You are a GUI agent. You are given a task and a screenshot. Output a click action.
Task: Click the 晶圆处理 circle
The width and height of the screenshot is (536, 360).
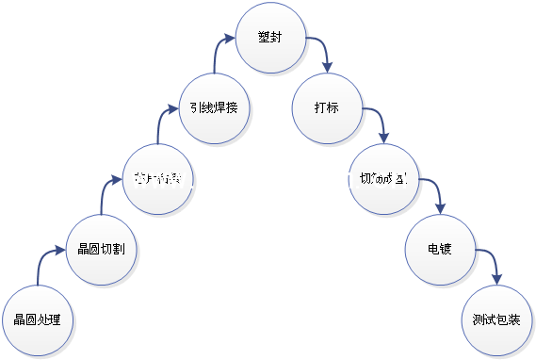tap(38, 319)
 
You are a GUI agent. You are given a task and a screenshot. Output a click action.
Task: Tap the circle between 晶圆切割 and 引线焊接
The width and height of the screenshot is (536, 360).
tap(158, 178)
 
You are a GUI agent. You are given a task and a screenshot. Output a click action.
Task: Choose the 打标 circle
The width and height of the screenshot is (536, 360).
tap(327, 107)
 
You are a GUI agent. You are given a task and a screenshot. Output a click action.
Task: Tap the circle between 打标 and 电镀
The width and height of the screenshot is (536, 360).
tap(382, 179)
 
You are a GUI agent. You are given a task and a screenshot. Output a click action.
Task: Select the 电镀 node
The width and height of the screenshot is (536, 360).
tap(440, 250)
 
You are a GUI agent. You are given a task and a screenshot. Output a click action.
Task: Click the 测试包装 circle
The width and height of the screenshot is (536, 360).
tap(496, 319)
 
